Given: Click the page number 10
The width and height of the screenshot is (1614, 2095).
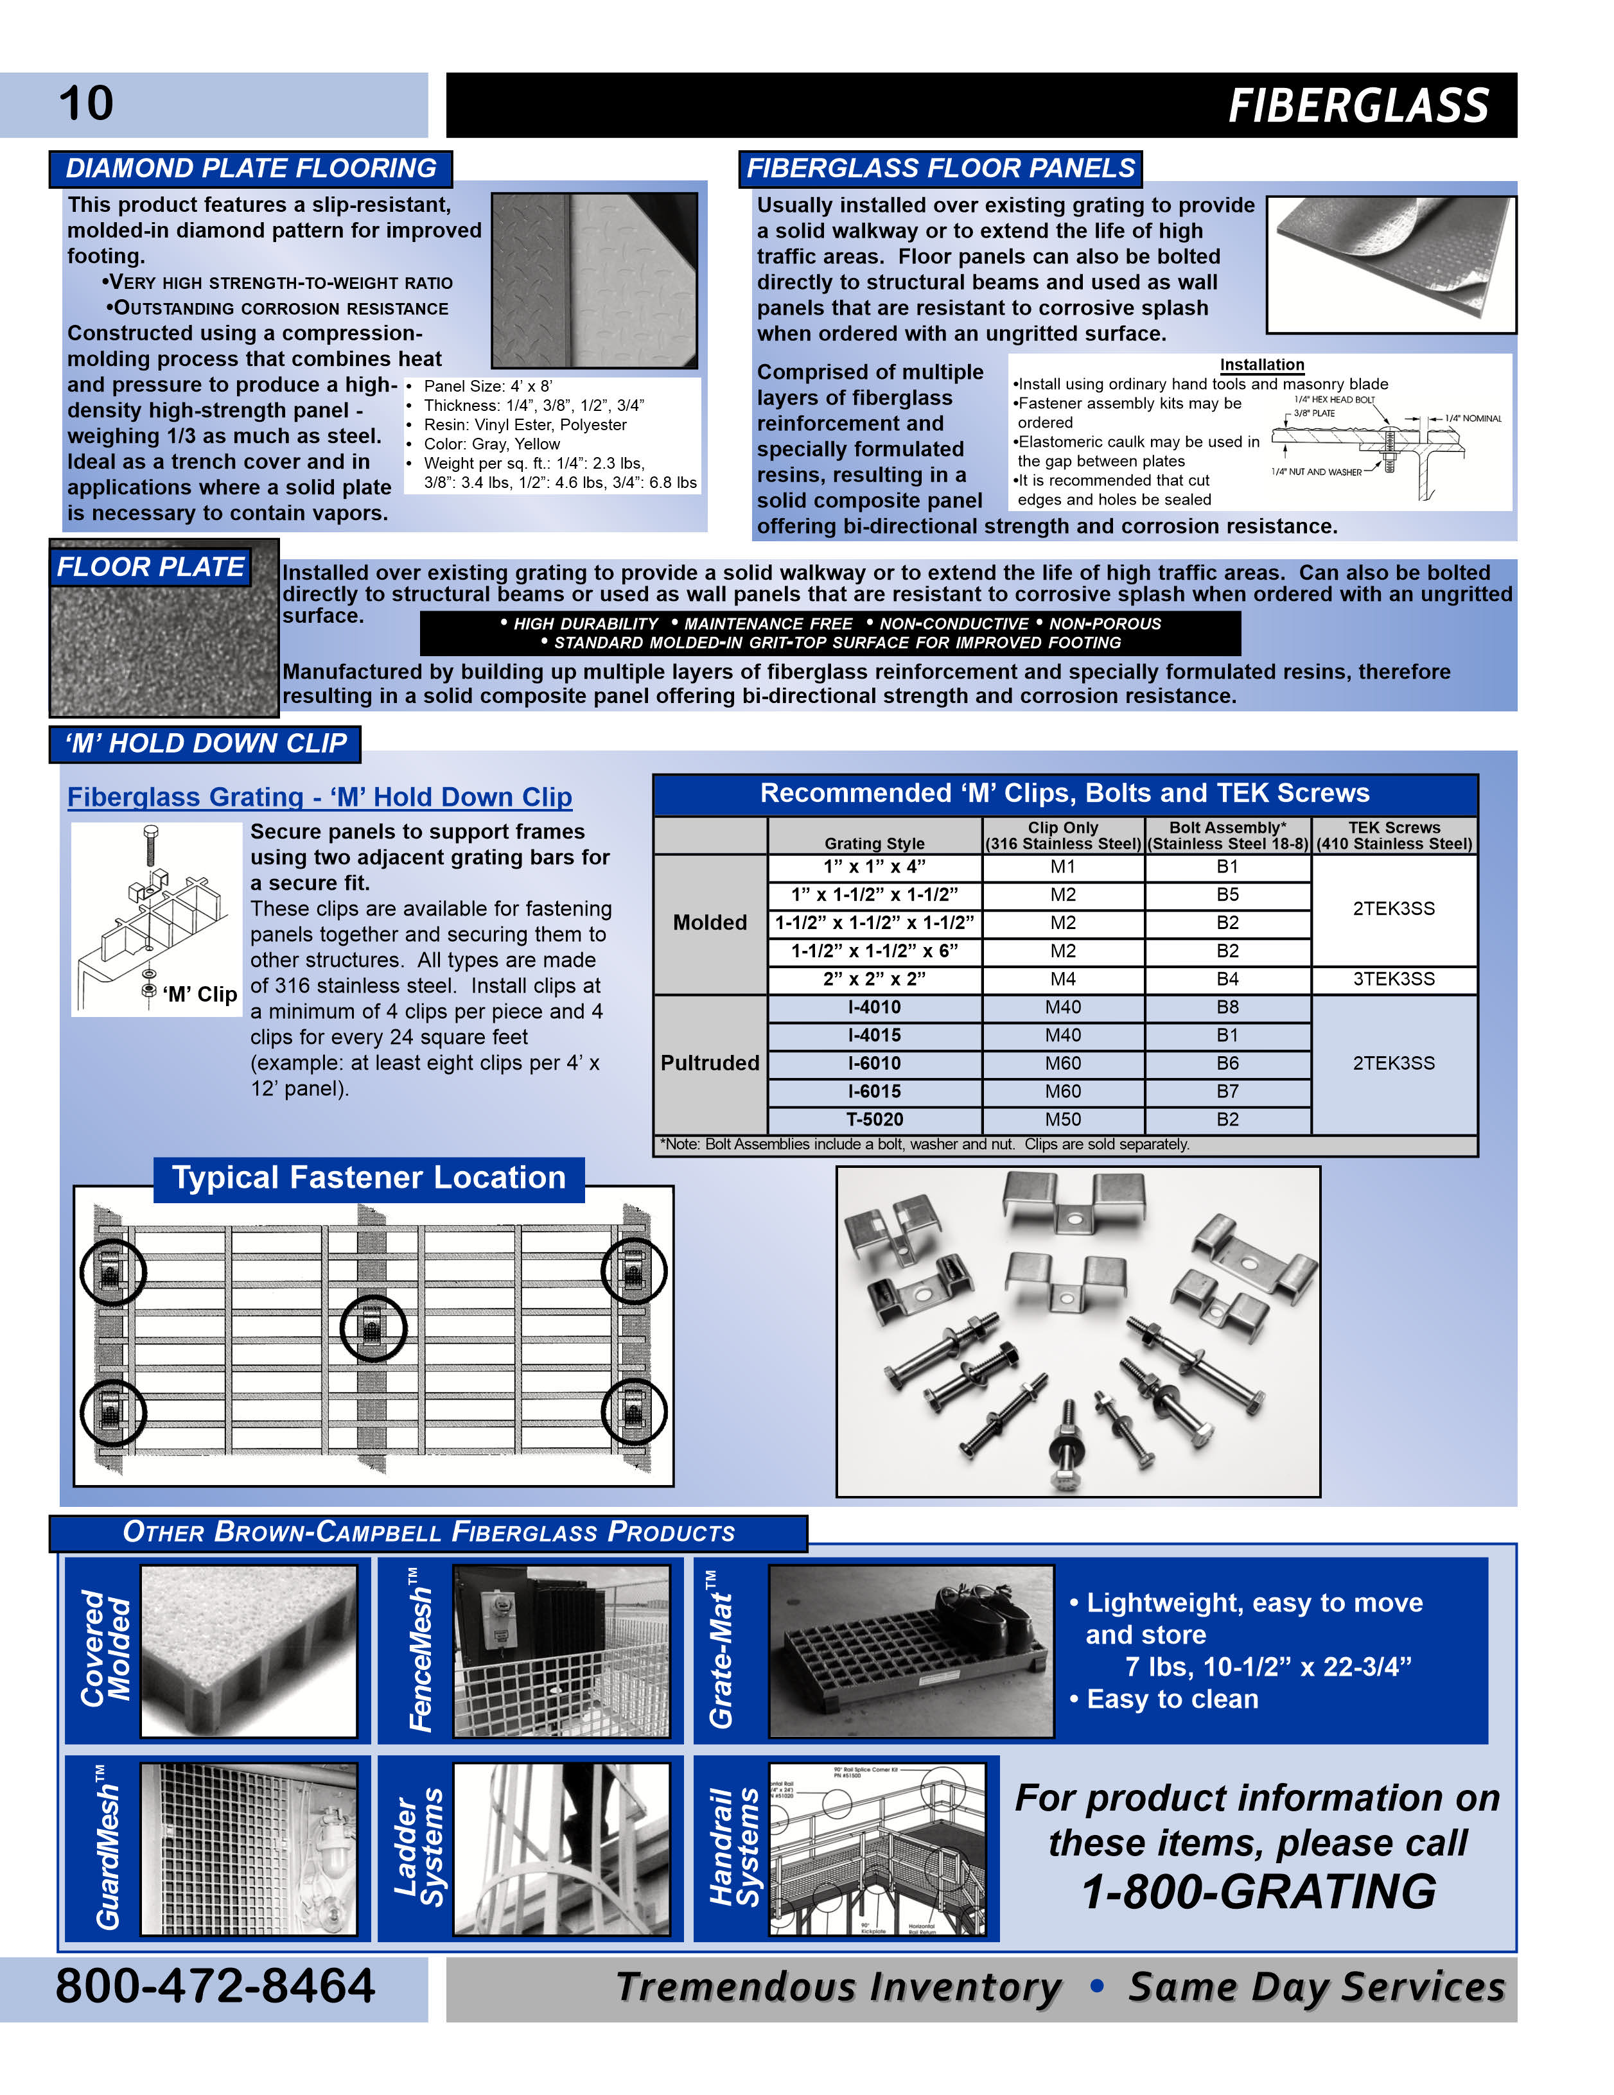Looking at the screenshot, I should pos(86,103).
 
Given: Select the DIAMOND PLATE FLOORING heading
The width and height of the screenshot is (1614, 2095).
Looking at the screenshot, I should pos(250,169).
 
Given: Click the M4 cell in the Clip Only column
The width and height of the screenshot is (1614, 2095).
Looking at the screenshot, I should pos(1062,979).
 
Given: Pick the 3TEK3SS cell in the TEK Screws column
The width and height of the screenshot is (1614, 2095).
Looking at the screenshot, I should pos(1393,979).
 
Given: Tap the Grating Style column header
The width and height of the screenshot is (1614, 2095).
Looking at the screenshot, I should pos(874,843).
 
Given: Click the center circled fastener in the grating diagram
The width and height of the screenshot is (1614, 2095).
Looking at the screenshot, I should pos(373,1328).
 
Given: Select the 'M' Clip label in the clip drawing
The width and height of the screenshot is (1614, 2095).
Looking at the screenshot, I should pos(200,995).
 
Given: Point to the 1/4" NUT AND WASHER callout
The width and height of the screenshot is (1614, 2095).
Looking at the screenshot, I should pos(1315,472).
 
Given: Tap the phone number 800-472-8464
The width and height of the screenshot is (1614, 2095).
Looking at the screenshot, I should pos(215,1986).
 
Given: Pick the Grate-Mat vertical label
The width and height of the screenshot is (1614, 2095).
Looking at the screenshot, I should pos(721,1650).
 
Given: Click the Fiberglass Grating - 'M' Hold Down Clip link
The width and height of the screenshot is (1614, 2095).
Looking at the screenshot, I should pos(320,797).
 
